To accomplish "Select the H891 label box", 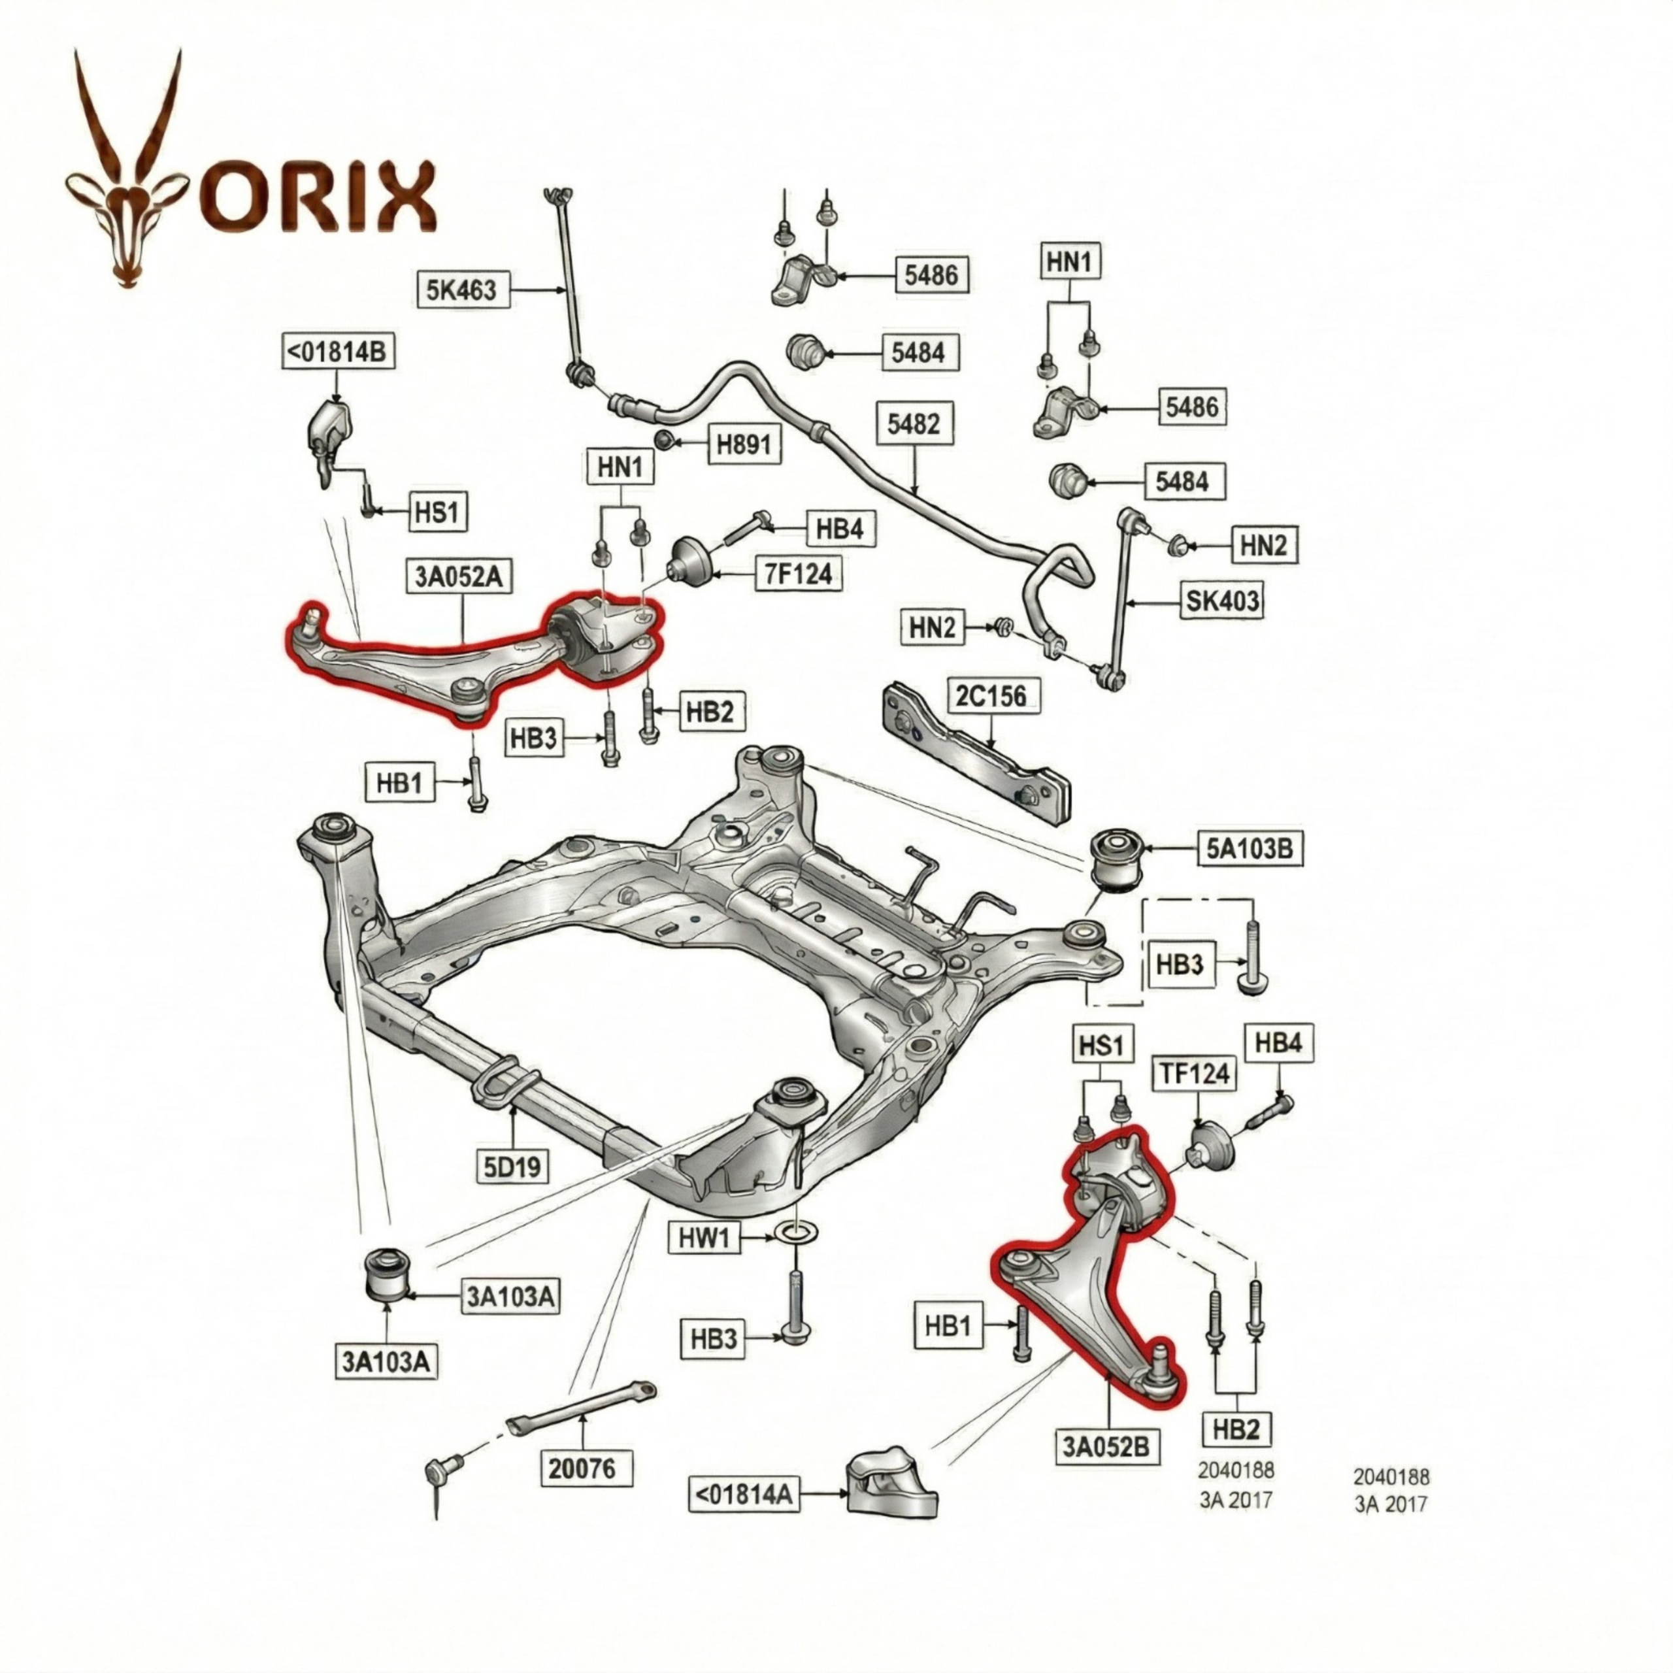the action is point(743,444).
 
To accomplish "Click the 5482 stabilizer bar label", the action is point(914,423).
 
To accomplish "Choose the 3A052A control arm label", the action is point(458,576).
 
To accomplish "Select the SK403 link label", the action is point(1222,599).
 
